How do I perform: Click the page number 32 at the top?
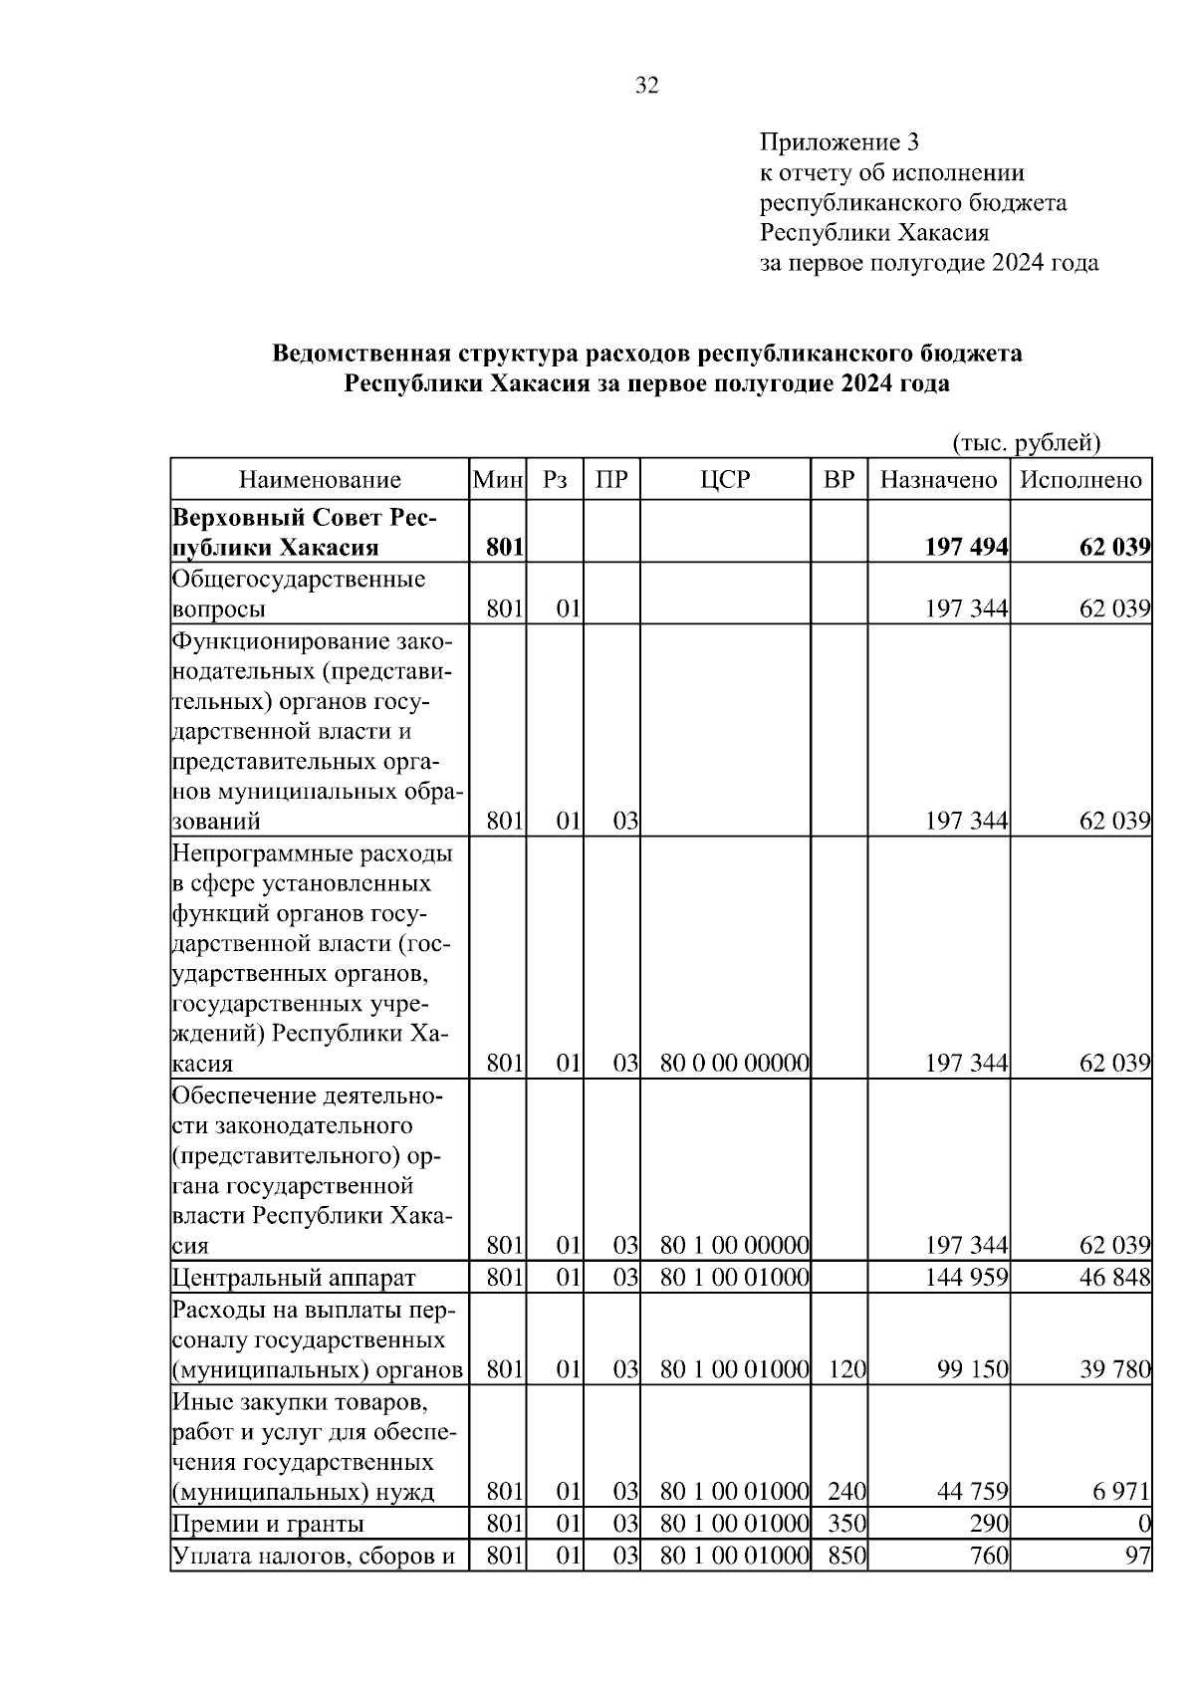(x=647, y=87)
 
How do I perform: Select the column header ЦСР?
(x=724, y=480)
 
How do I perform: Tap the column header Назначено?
(x=938, y=480)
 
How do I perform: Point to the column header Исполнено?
(x=1080, y=480)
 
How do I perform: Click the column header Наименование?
(x=320, y=480)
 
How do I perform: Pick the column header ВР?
(x=838, y=480)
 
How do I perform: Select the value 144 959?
(x=966, y=1278)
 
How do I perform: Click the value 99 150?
(x=972, y=1370)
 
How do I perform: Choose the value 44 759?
(x=972, y=1492)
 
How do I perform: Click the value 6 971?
(x=1122, y=1492)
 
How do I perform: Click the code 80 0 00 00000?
(x=734, y=1064)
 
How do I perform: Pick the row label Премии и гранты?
(x=268, y=1525)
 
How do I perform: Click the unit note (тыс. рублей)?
(x=1026, y=442)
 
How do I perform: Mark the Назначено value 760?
(x=990, y=1556)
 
